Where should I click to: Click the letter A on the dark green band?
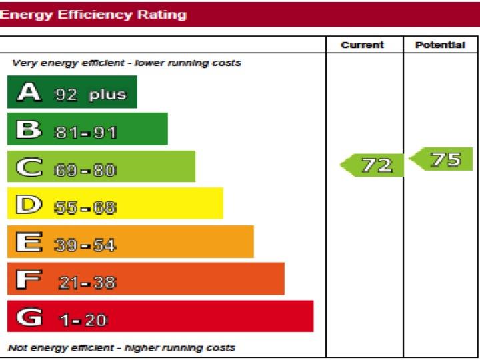29,92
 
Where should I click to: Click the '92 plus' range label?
90,94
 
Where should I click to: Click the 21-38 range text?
87,283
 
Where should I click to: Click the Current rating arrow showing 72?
373,165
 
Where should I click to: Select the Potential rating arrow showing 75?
443,160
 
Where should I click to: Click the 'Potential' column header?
440,45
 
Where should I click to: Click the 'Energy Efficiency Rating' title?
93,15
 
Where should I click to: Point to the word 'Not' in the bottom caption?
17,347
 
